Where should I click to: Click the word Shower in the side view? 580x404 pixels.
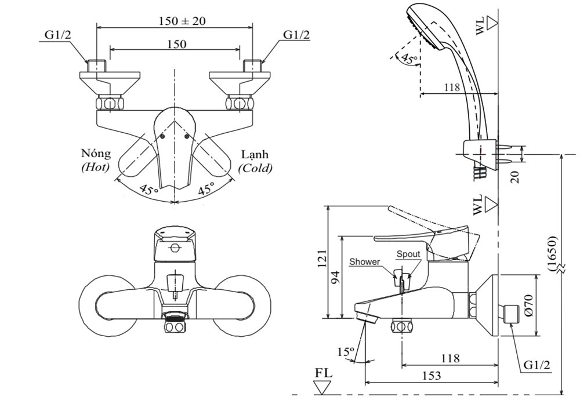coord(365,261)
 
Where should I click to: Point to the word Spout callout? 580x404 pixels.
coord(408,254)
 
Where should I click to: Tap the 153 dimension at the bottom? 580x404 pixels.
coord(432,376)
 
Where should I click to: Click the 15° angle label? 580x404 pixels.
coord(346,351)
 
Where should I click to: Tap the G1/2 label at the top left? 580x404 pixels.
coord(59,35)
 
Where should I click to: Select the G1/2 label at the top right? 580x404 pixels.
coord(296,35)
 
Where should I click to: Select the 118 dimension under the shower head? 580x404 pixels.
coord(452,88)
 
